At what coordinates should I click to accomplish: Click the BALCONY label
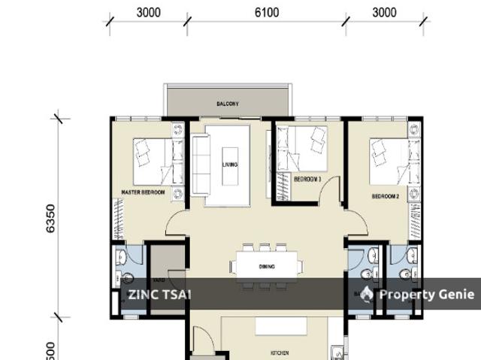[227, 104]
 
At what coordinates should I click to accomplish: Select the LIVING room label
[229, 165]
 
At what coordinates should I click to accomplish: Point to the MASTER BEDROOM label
[143, 193]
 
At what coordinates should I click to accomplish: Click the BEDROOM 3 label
[307, 179]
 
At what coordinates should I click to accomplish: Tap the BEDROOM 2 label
[385, 196]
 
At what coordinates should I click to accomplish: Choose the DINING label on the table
[267, 267]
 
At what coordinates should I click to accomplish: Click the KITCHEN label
[280, 352]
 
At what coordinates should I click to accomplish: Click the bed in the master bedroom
[153, 159]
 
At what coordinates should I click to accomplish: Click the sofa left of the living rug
[199, 165]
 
